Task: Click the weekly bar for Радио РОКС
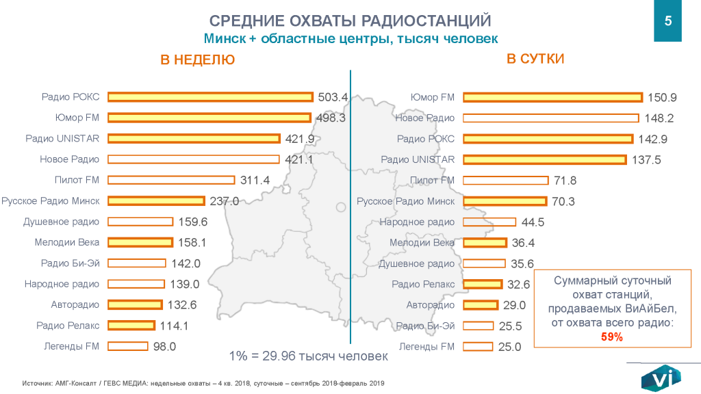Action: point(210,97)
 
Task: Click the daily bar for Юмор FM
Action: point(553,97)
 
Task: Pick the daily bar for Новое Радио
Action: point(551,118)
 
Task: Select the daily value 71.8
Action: point(565,181)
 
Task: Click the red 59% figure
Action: point(611,337)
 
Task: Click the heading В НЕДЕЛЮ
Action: point(197,60)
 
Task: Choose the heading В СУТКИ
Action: point(535,59)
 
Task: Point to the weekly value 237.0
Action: point(224,201)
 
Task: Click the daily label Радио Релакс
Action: point(423,284)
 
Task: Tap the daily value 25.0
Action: point(509,347)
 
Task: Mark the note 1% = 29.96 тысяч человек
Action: point(308,356)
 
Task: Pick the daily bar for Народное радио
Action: point(489,222)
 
